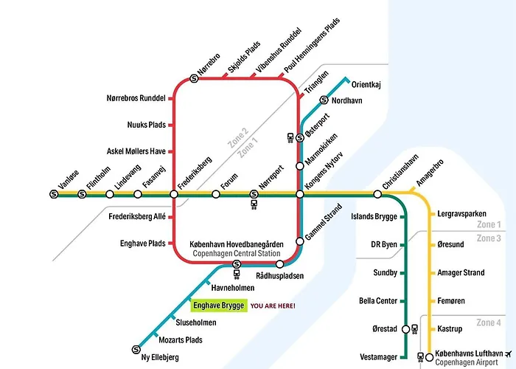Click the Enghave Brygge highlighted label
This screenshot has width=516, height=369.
pos(218,305)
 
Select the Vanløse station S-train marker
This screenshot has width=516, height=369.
pos(54,194)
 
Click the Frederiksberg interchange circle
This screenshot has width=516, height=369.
pos(174,194)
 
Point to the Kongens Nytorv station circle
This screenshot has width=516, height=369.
pos(300,194)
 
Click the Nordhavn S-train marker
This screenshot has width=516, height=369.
pos(324,100)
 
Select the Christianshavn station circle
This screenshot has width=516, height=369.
pos(377,194)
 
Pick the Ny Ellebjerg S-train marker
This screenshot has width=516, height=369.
pos(136,350)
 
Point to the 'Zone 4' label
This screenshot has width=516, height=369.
pos(489,323)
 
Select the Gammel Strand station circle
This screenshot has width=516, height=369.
pos(300,241)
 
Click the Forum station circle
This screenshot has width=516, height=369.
pos(216,194)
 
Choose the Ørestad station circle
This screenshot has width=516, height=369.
pos(405,329)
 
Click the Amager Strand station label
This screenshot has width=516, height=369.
pos(461,273)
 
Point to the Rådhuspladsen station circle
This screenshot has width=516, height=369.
pos(279,263)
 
